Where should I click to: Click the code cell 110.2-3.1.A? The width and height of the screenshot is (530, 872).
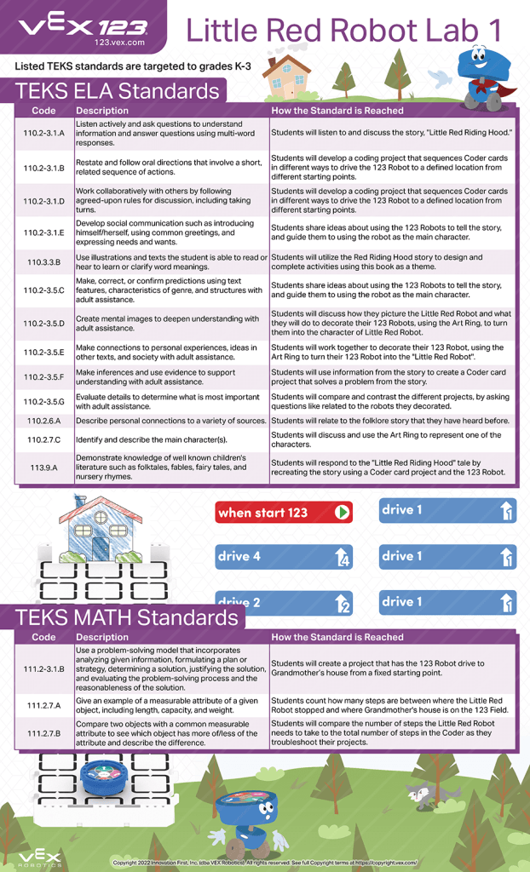pyautogui.click(x=44, y=134)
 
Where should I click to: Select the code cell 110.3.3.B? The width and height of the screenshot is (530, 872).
pyautogui.click(x=44, y=263)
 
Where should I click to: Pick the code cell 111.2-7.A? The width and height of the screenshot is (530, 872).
pyautogui.click(x=44, y=705)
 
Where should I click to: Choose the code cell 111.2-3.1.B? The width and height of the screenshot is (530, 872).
pyautogui.click(x=44, y=669)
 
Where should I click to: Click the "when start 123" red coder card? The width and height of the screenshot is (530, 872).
pyautogui.click(x=283, y=512)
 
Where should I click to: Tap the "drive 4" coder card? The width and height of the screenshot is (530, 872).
pyautogui.click(x=283, y=557)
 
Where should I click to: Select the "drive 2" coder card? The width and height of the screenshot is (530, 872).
pyautogui.click(x=283, y=603)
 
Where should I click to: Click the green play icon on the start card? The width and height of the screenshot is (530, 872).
pyautogui.click(x=342, y=513)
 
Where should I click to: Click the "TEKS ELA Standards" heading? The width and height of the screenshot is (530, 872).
pyautogui.click(x=118, y=91)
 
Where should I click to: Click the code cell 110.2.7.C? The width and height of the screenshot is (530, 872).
pyautogui.click(x=44, y=439)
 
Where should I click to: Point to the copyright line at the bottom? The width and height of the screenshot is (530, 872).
pyautogui.click(x=264, y=862)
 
